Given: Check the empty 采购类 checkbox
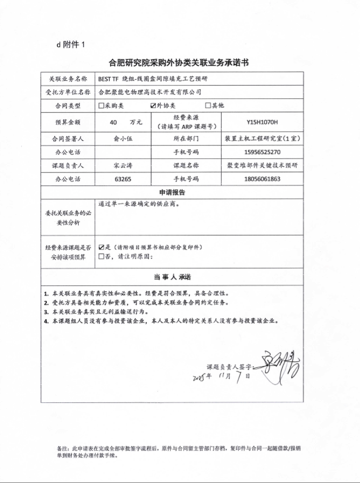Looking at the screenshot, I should tap(101, 106).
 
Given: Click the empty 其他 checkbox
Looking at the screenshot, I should tap(209, 106).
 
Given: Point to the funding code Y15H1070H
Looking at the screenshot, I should tap(262, 122).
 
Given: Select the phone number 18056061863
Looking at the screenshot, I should tap(262, 179).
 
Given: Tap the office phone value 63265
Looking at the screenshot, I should tap(123, 179).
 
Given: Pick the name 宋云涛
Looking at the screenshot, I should tap(123, 165).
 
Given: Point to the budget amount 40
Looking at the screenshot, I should tap(113, 122).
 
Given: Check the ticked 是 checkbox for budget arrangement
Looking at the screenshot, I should tap(101, 248).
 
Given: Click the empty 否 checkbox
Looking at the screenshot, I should tap(101, 257).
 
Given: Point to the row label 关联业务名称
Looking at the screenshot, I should tap(66, 78).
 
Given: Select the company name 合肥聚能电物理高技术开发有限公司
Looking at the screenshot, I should tap(150, 92).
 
